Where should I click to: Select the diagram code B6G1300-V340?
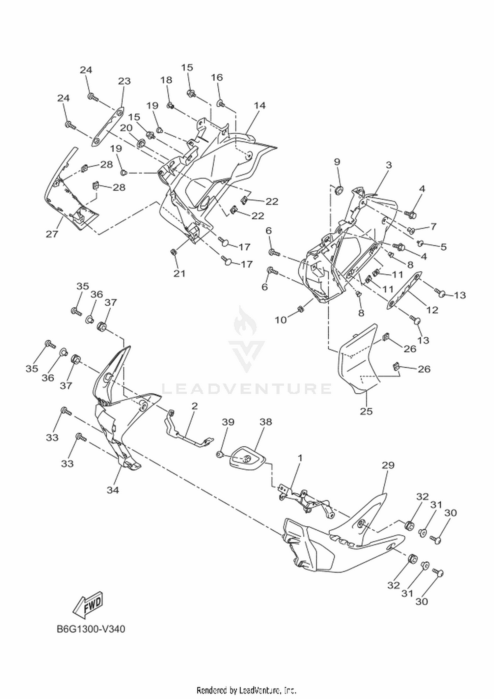pos(91,629)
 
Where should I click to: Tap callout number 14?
pos(260,105)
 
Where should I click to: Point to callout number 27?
pos(52,234)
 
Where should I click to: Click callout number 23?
pos(124,81)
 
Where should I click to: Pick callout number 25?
pos(366,411)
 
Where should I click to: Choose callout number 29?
pos(388,465)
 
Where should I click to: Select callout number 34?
pos(113,490)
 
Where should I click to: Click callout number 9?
pos(337,162)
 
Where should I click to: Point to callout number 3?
pos(389,165)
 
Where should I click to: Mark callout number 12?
pos(432,310)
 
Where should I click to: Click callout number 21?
pos(179,273)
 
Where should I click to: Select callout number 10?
pos(281,320)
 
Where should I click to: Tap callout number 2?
pos(194,406)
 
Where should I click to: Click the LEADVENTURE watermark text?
pos(247,389)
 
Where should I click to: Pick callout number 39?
pos(228,422)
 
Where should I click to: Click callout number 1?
pos(300,458)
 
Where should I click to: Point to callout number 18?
pos(166,80)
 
